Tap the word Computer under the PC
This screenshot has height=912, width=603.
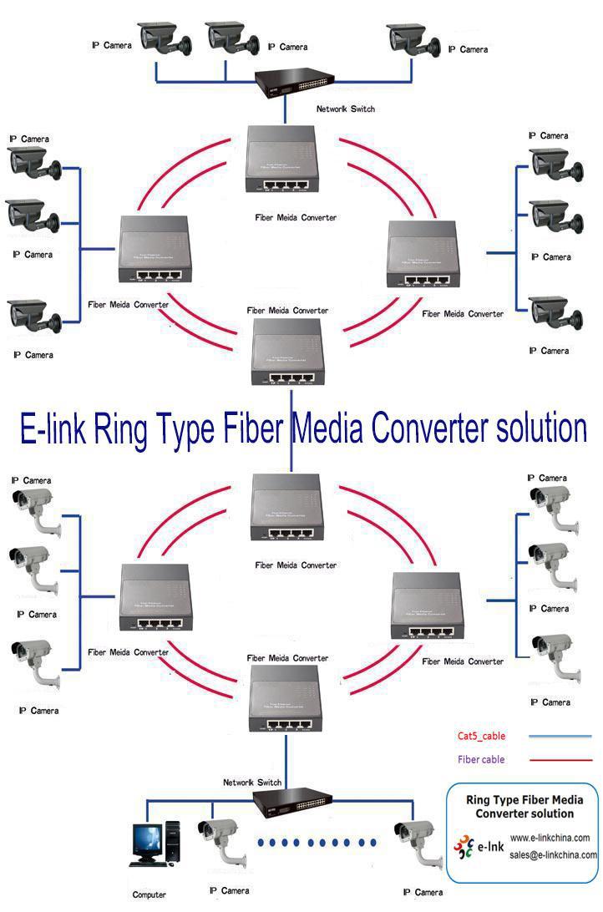149,894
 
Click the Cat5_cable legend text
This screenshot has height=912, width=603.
481,736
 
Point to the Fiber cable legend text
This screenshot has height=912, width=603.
481,759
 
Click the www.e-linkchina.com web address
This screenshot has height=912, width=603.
550,838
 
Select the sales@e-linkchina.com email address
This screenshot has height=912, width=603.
553,854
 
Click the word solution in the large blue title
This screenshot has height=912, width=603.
540,428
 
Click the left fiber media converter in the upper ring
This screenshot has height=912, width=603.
154,257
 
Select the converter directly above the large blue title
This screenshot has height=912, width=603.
287,352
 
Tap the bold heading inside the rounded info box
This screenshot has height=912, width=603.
524,806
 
